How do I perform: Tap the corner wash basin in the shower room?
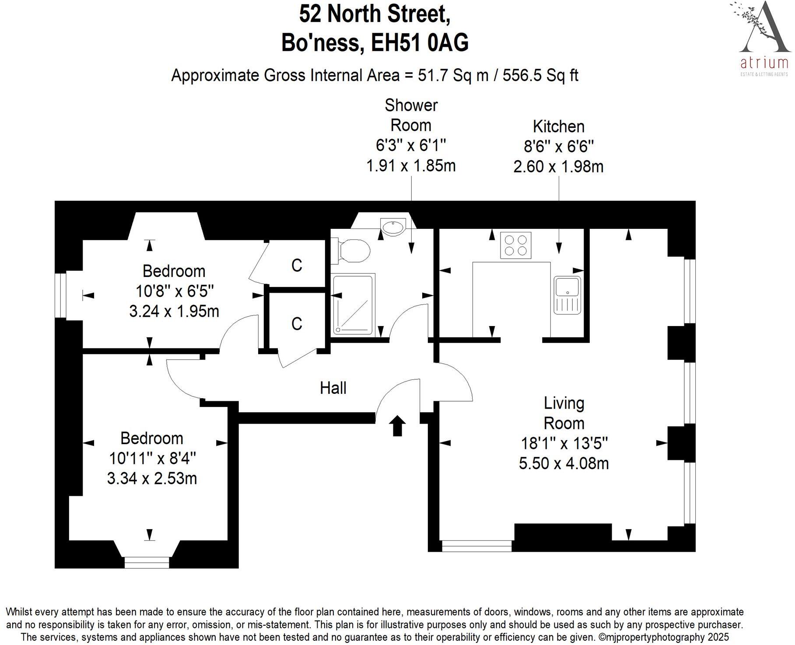point(392,227)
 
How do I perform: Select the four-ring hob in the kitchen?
point(516,245)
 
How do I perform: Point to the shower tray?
point(353,305)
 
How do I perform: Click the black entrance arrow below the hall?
point(397,426)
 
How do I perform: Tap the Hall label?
point(333,388)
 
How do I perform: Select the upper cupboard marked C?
point(297,265)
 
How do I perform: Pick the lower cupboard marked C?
point(297,324)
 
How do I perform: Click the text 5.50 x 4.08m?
point(564,463)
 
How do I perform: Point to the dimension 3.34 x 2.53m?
point(152,478)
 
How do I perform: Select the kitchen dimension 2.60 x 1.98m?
point(558,167)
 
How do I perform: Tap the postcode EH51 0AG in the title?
point(420,43)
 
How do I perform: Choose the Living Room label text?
point(564,413)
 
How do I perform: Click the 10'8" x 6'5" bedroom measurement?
point(174,291)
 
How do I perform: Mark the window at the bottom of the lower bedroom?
point(147,562)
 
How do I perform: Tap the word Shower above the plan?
point(411,105)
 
